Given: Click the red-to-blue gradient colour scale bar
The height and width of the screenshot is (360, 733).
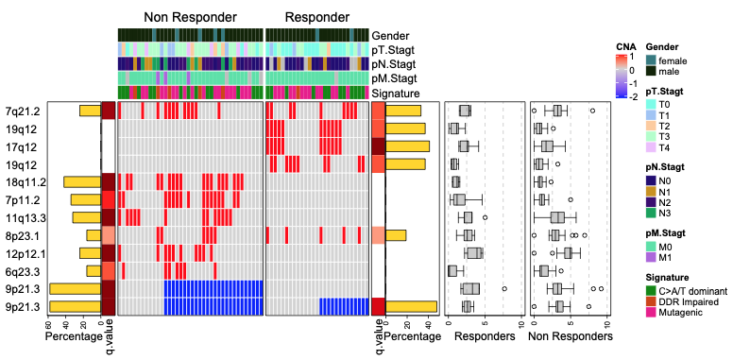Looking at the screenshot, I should pos(621,76).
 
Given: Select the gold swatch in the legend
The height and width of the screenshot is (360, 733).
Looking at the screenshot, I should pos(651,192).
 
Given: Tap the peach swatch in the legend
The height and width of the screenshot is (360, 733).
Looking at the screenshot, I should pos(651,126).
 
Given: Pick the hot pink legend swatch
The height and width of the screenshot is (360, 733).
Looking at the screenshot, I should pos(651,312).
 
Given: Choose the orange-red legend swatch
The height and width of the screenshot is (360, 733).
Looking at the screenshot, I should pos(651,301).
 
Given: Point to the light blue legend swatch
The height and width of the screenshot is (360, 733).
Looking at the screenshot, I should pos(651,115).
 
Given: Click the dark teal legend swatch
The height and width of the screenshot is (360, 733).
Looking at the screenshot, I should pos(651,60).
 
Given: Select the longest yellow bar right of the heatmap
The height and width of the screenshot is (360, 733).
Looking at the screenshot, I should pos(411,306).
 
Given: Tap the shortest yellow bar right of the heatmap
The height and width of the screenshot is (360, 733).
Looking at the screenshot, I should pos(396,235).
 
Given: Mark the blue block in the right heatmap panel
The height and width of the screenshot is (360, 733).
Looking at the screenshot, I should pos(344,306).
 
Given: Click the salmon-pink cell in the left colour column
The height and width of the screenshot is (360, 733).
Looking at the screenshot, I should pos(109,235).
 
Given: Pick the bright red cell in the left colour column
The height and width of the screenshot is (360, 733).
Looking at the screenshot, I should pos(109,199).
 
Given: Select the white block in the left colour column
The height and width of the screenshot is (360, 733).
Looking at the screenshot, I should pos(109,146).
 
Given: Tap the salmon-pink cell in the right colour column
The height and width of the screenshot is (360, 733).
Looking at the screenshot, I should pos(378,235).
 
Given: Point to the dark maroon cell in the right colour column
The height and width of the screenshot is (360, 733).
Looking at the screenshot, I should pos(378,146).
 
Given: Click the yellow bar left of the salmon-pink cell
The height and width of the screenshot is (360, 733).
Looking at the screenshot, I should pos(94,235).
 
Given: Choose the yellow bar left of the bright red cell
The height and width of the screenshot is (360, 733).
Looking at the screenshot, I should pos(86,199).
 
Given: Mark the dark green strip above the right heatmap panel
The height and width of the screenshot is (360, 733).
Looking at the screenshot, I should pos(317,35).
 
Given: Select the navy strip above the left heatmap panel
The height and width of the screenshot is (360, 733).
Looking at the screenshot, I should pos(190,63).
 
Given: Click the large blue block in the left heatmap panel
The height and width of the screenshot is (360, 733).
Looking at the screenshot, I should pos(213,297).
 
